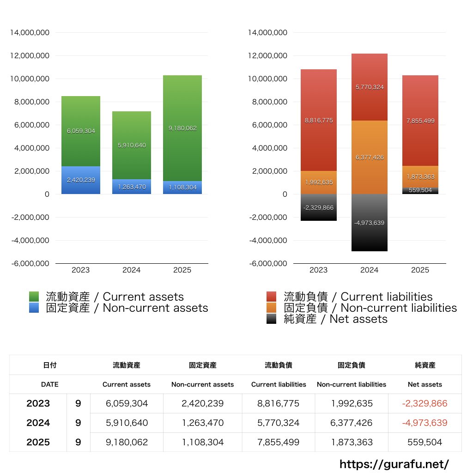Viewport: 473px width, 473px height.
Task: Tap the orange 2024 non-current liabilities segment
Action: point(369,139)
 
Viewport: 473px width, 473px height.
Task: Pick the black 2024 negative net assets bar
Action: point(369,236)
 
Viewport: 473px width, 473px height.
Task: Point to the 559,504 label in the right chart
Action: point(420,190)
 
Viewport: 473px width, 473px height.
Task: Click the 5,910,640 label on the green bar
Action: point(132,145)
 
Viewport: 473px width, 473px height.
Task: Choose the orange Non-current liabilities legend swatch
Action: point(272,308)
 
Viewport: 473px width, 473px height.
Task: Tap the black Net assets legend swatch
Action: point(272,319)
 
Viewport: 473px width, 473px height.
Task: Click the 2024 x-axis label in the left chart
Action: point(132,270)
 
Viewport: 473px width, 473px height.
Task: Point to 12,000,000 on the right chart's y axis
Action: point(267,56)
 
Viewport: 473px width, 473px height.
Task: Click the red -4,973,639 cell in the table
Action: point(424,423)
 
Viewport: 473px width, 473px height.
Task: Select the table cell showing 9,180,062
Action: point(127,442)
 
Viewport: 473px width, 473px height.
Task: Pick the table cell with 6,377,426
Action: point(352,423)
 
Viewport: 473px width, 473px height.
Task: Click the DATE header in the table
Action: point(49,384)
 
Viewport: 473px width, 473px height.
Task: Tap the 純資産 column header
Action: point(425,365)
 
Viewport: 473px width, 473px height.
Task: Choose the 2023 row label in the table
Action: point(38,403)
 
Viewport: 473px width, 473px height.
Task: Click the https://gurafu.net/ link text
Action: point(394,464)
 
